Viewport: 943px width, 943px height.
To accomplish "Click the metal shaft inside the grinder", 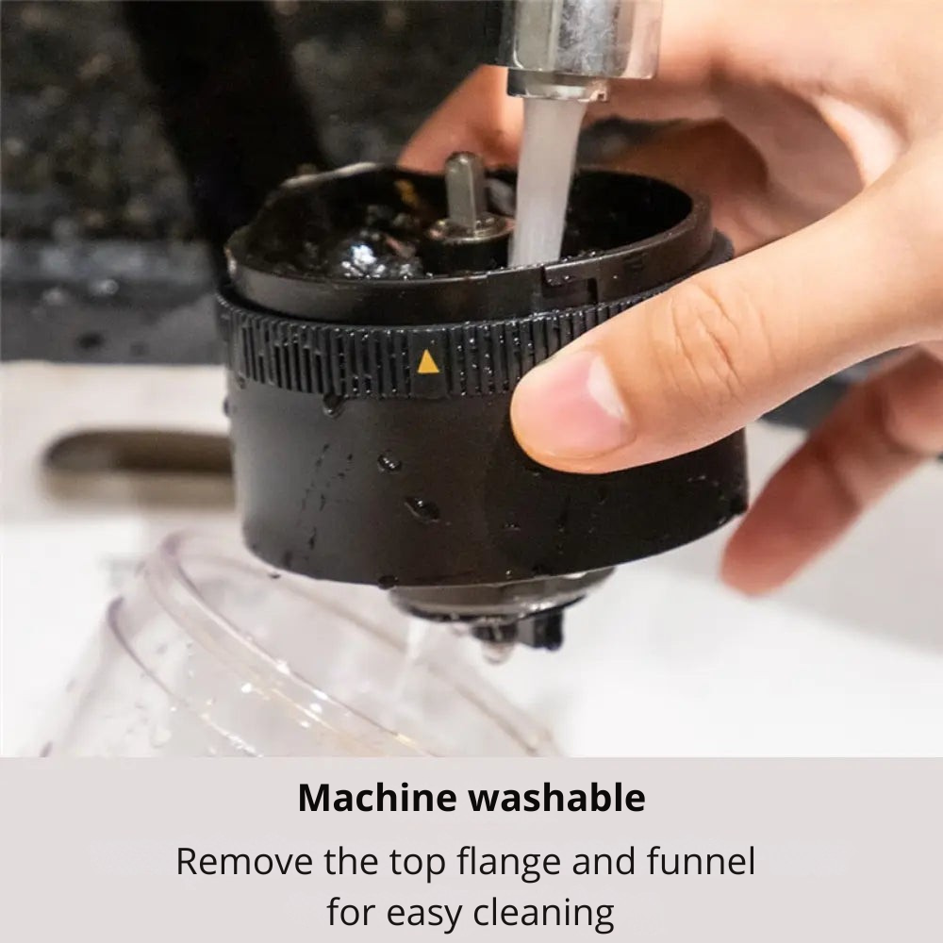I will [x=464, y=189].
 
